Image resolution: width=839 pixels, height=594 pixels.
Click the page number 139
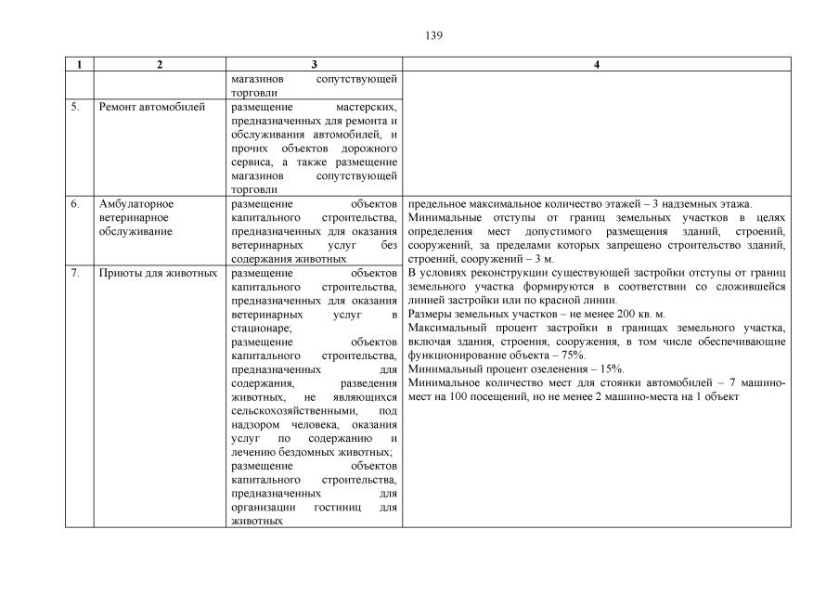[433, 35]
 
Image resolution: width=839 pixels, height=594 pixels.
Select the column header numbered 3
[315, 65]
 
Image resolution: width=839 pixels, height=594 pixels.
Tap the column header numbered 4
[597, 65]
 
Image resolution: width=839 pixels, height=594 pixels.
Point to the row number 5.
[74, 107]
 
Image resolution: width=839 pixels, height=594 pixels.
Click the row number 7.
[74, 273]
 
